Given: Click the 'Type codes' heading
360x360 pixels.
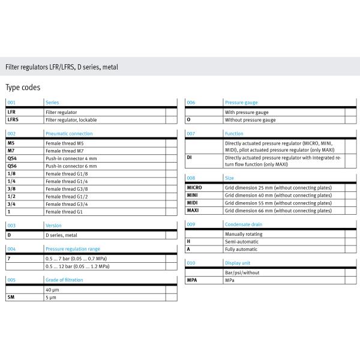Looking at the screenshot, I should pyautogui.click(x=23, y=88).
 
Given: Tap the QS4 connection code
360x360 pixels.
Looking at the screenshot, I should pyautogui.click(x=12, y=158).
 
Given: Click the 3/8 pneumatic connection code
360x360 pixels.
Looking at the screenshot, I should pyautogui.click(x=11, y=188).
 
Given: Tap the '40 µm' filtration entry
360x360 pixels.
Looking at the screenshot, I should pyautogui.click(x=52, y=289).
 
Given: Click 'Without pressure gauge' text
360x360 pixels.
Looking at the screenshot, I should pyautogui.click(x=250, y=120).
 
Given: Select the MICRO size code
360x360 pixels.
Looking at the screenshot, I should pyautogui.click(x=196, y=188).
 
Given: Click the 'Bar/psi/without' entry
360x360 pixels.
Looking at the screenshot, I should pyautogui.click(x=244, y=272).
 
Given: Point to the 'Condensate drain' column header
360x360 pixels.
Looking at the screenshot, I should pyautogui.click(x=243, y=224).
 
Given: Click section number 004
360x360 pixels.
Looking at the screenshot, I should pyautogui.click(x=11, y=248).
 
